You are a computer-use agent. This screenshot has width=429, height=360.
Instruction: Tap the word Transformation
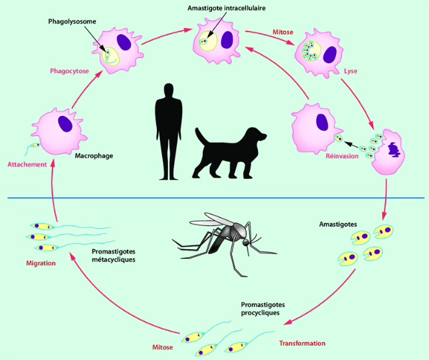[302, 343]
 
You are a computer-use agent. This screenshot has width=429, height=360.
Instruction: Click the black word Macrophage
[94, 155]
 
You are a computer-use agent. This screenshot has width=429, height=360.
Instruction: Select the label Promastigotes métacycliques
[113, 255]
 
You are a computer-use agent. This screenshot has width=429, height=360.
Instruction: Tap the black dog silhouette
[228, 152]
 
